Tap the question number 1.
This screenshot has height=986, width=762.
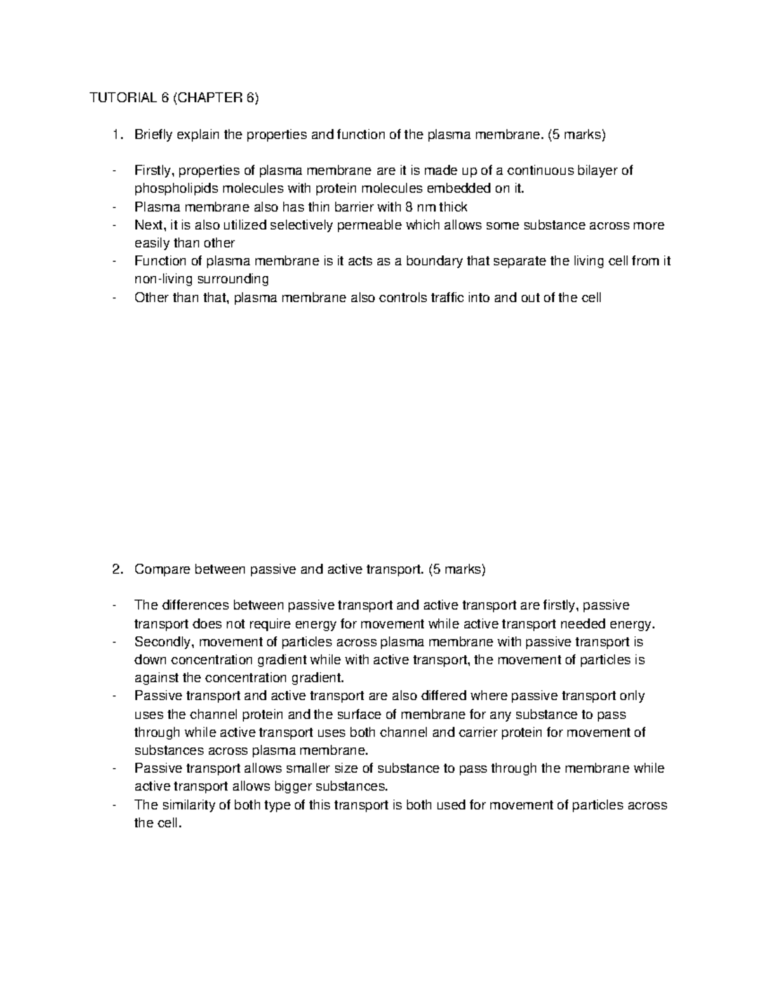tap(114, 134)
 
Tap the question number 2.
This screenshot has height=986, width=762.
tap(114, 570)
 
